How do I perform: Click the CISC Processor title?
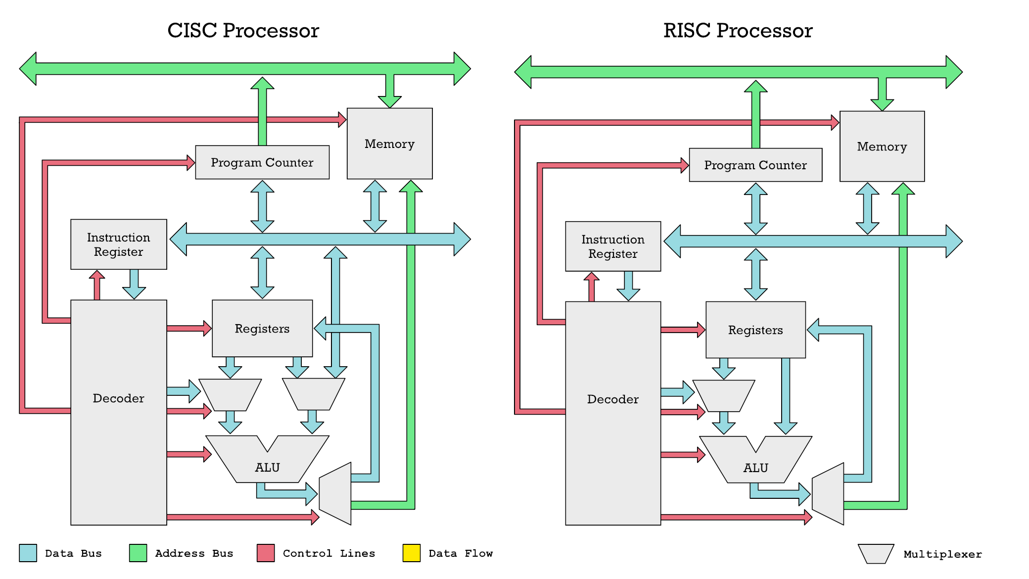click(x=243, y=31)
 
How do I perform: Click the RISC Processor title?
click(x=738, y=31)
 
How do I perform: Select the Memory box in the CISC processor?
click(x=389, y=144)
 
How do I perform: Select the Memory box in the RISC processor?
click(x=882, y=146)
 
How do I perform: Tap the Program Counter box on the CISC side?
click(x=262, y=162)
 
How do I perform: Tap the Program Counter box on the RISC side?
click(x=755, y=165)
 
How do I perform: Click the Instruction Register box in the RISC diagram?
click(x=612, y=246)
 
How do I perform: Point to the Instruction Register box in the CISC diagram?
click(x=118, y=244)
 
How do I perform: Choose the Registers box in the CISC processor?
click(x=262, y=329)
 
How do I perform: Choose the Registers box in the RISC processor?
click(x=755, y=330)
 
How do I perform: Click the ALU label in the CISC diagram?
click(x=267, y=467)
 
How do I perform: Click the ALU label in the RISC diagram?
click(x=755, y=468)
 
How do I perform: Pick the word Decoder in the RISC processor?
click(x=612, y=399)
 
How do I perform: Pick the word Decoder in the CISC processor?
click(x=118, y=398)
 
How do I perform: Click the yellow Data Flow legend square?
click(x=411, y=553)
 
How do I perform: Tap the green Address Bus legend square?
click(x=138, y=553)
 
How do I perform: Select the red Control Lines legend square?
click(x=266, y=553)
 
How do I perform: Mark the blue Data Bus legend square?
click(x=28, y=553)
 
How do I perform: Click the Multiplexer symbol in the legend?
click(x=876, y=554)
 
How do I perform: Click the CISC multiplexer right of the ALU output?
click(x=336, y=493)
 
